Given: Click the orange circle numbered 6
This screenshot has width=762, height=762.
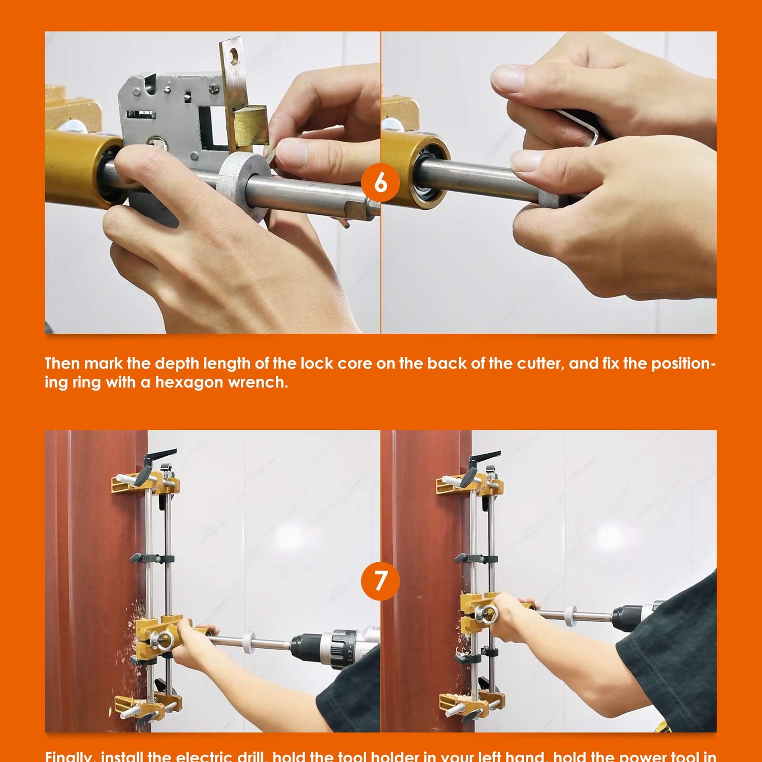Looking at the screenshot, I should point(380,182).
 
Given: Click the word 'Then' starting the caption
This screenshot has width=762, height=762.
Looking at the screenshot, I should point(62,364).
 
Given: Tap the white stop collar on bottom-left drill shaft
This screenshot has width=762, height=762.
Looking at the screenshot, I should point(248,642).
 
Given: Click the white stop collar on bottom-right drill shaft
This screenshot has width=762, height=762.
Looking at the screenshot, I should point(570,616).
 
